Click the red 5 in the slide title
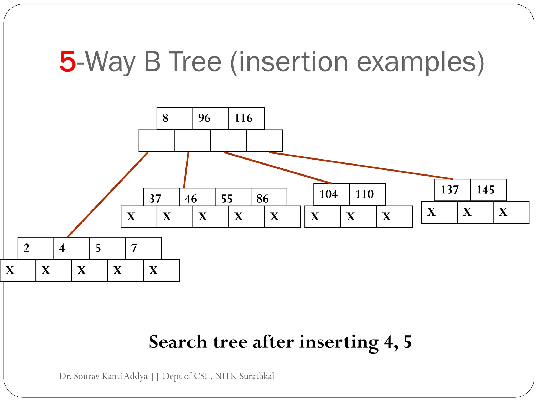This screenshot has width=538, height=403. [68, 62]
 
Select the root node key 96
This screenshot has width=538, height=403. [204, 118]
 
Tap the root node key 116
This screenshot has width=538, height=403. [243, 118]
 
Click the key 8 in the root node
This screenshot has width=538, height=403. [165, 118]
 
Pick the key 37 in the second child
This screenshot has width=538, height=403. [155, 198]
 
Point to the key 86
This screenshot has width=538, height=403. [262, 198]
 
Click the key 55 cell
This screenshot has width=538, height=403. [227, 198]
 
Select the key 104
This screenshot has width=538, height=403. [328, 194]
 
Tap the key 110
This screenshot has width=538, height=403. [364, 194]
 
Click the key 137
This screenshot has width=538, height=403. [449, 190]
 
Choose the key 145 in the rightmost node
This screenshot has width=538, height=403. [485, 190]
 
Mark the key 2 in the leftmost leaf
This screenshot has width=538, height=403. [27, 248]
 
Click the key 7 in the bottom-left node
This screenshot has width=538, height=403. [134, 248]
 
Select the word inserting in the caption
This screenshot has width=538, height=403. [339, 342]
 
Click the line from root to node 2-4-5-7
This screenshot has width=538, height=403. [108, 194]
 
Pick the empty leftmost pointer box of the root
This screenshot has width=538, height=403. [157, 141]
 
